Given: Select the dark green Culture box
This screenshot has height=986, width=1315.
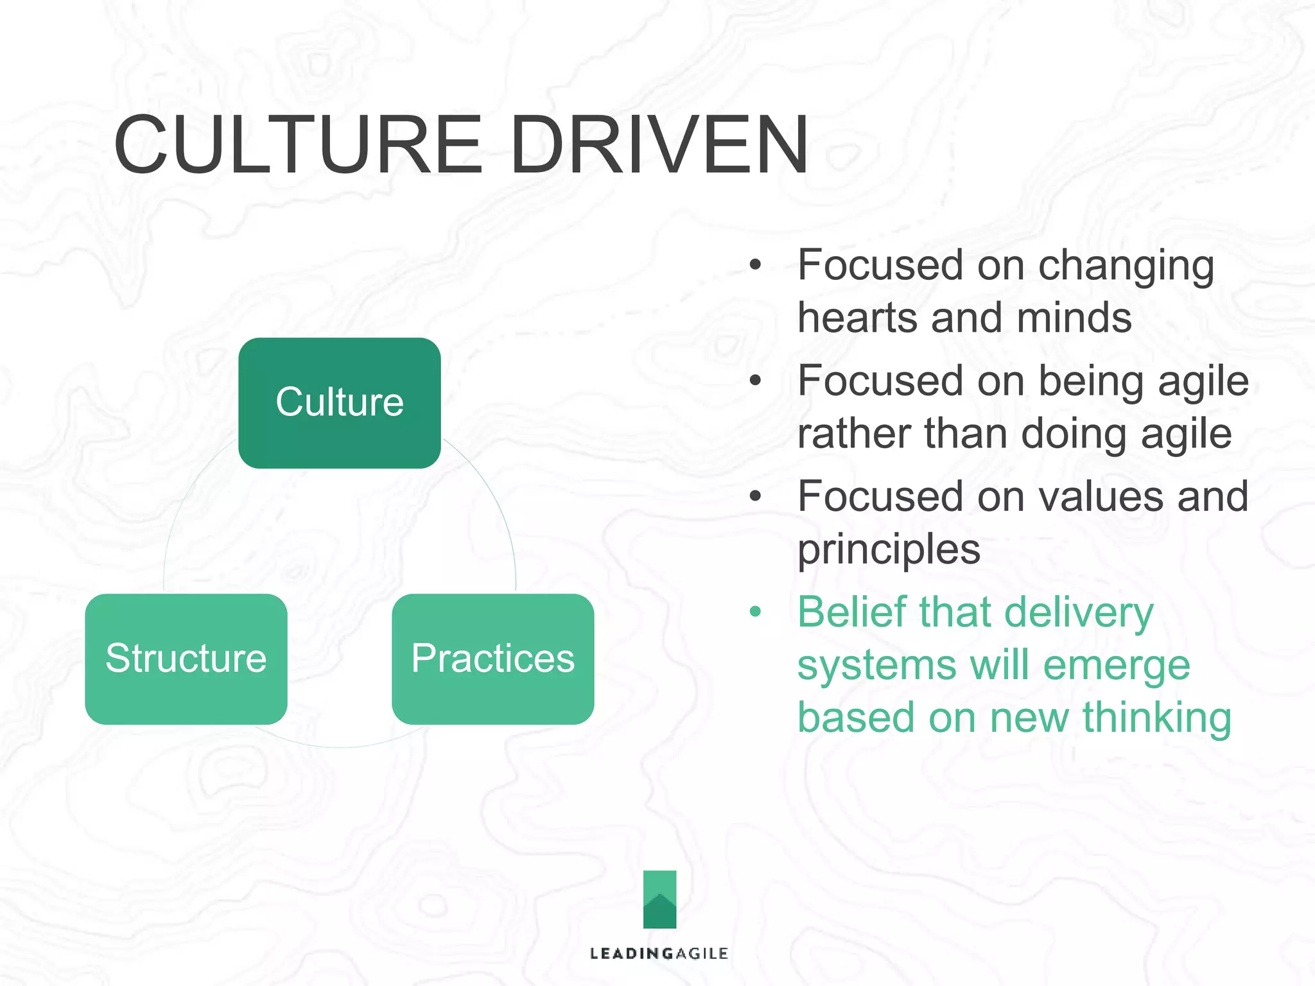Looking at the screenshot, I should coord(339,402).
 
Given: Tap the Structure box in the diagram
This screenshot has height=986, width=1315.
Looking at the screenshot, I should coord(186,659).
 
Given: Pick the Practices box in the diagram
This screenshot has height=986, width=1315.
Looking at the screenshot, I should coord(492,659).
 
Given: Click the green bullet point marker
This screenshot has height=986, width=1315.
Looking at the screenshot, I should coord(755,612).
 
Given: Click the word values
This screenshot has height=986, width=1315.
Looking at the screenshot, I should coord(1102,496).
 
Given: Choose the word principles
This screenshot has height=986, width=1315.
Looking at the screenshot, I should coord(889,550).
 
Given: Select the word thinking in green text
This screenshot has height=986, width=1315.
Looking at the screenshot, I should coord(1157,717).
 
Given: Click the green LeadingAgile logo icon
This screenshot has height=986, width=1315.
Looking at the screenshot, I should coord(659,899).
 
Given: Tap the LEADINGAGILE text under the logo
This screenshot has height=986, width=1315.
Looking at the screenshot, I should coord(659,953).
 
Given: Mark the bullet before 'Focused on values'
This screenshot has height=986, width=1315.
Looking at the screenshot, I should coord(755,496).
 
